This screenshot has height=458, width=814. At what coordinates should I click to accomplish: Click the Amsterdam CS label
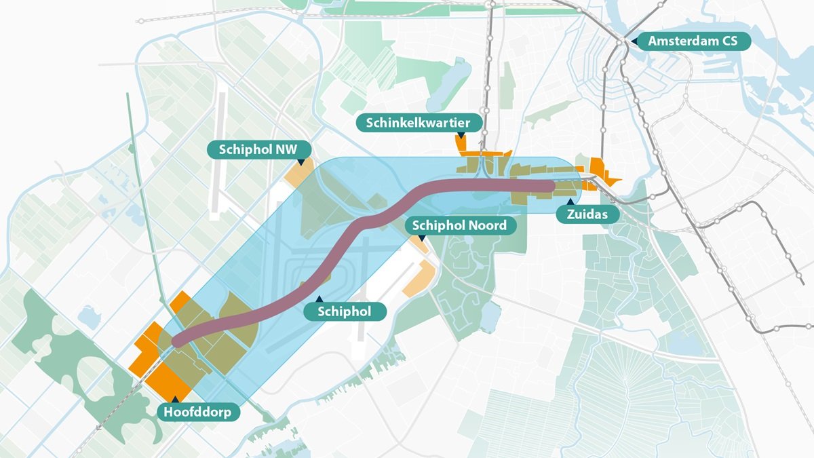pyautogui.click(x=693, y=41)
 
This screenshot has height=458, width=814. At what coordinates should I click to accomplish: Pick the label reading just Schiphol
pyautogui.click(x=345, y=311)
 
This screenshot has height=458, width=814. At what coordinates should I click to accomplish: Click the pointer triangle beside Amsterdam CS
pyautogui.click(x=634, y=41)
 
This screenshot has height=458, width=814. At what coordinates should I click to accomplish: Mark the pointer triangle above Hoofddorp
pyautogui.click(x=175, y=400)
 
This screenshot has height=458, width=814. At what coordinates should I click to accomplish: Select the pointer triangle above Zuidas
pyautogui.click(x=570, y=202)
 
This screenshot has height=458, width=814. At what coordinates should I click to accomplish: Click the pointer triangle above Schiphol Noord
pyautogui.click(x=422, y=237)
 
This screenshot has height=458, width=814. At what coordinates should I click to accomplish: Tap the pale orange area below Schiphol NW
pyautogui.click(x=298, y=174)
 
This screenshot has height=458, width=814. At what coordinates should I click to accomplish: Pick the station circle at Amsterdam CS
pyautogui.click(x=621, y=41)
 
